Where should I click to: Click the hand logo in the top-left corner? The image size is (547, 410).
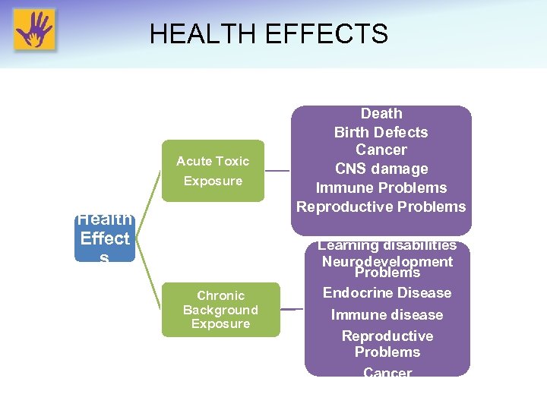tap(34, 30)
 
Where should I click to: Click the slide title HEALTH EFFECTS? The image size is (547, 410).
tap(268, 34)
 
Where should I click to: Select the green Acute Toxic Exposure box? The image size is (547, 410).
tap(213, 171)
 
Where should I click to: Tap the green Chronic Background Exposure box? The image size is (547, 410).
tap(220, 310)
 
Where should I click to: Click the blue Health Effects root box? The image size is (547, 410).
tap(105, 238)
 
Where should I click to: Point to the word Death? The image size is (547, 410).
tap(381, 114)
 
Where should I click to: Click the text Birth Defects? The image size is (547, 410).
tap(381, 132)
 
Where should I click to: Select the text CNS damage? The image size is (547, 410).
tap(381, 169)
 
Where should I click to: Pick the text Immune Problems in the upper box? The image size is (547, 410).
tap(381, 188)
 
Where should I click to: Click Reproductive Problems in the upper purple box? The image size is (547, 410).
tap(381, 207)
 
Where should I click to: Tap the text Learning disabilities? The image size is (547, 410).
tap(387, 245)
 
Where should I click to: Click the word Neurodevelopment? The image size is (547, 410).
tap(387, 261)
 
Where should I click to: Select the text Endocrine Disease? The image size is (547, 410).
tap(387, 293)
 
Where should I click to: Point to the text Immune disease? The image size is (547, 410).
tap(387, 314)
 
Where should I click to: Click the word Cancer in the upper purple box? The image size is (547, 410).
tap(381, 150)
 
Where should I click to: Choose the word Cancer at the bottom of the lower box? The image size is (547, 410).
tap(387, 372)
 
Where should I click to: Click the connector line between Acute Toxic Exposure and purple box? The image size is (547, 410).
tap(277, 171)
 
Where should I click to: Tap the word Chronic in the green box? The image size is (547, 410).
tap(220, 295)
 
